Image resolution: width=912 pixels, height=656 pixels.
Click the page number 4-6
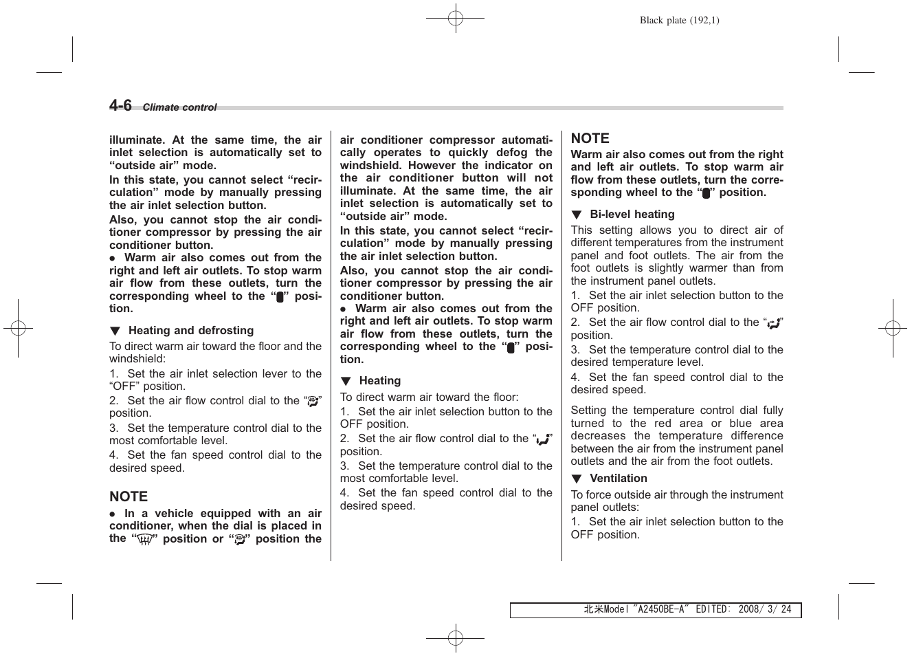[120, 105]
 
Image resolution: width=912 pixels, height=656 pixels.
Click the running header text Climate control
[179, 107]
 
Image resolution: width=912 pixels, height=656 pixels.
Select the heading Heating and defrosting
[190, 331]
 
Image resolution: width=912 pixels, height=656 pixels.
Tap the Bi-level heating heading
[632, 215]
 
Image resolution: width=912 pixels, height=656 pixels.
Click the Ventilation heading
[618, 479]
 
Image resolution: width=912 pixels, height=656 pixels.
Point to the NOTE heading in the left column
[129, 496]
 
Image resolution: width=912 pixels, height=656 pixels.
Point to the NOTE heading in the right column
[590, 138]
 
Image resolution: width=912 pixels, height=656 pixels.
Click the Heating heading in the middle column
[379, 381]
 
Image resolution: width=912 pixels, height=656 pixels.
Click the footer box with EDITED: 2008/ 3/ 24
[655, 610]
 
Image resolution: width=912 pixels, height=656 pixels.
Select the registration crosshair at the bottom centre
[455, 638]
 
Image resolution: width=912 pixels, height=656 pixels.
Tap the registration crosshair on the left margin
[18, 328]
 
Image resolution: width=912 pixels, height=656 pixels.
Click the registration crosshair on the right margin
[892, 328]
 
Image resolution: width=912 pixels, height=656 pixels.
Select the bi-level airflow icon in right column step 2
[773, 323]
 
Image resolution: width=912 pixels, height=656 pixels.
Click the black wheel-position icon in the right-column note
[706, 193]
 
